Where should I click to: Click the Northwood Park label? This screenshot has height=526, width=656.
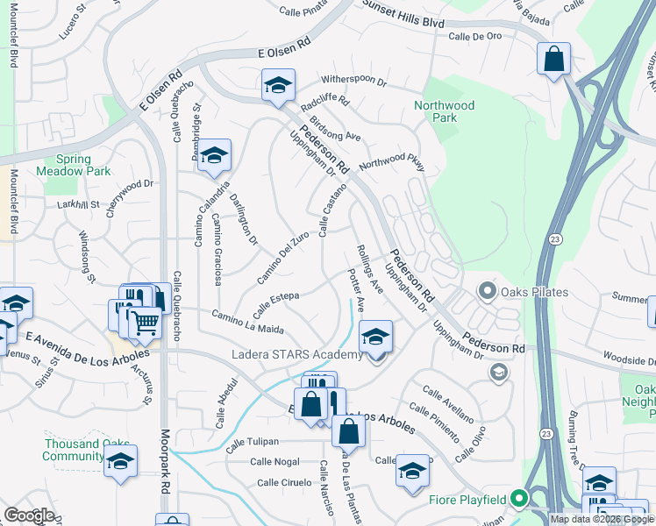tap(445, 111)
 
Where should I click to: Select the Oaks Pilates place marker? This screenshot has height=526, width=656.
tap(487, 291)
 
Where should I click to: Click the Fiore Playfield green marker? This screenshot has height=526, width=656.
tap(518, 501)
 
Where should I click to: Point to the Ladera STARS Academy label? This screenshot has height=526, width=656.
tap(297, 354)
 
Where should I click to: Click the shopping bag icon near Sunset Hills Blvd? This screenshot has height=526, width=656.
tap(554, 60)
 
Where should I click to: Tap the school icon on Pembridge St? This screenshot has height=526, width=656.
tap(214, 155)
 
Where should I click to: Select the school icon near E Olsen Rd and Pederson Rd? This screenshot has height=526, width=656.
tap(278, 85)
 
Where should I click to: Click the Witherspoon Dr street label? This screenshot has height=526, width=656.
tap(354, 81)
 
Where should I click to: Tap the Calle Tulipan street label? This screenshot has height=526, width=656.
tap(252, 442)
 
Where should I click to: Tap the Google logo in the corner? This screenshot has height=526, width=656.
tap(29, 515)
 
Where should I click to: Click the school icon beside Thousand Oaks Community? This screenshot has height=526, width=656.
tap(120, 461)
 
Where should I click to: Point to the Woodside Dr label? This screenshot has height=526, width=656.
tap(628, 359)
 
